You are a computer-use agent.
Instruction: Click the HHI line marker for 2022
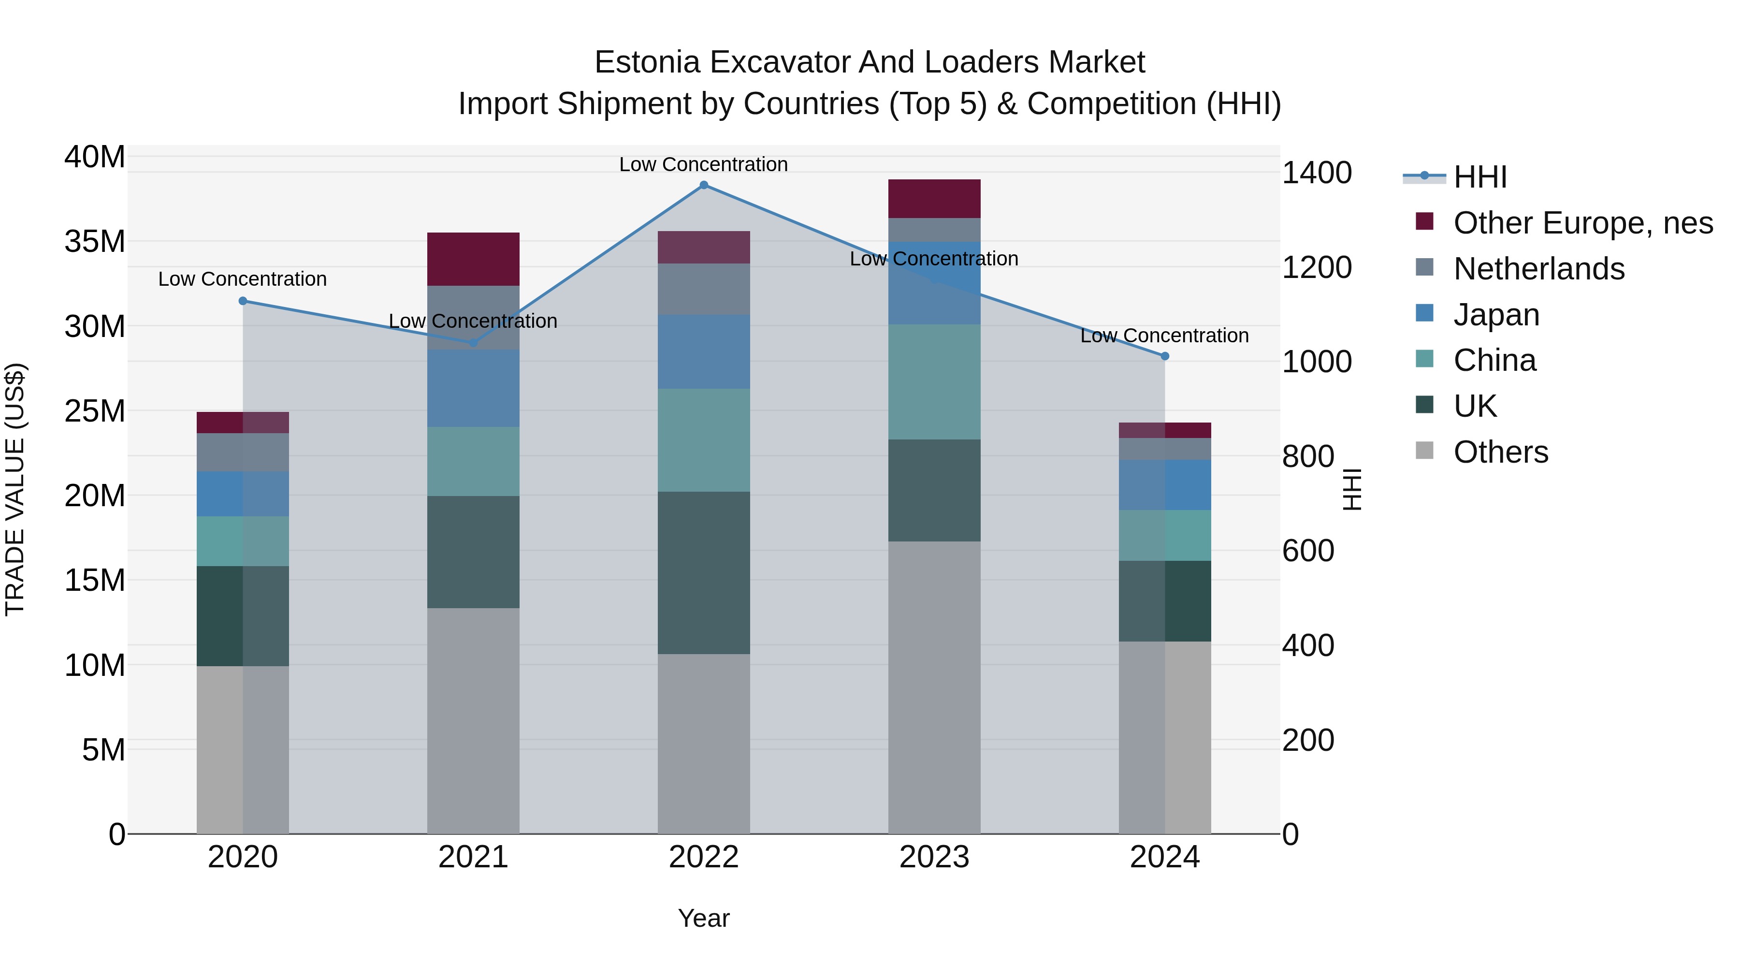point(703,185)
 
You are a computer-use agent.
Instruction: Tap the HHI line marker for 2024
point(1164,356)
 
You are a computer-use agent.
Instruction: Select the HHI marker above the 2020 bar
point(243,301)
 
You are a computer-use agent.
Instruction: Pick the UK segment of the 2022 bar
point(703,572)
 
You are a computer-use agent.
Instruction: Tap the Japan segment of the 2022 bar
point(703,351)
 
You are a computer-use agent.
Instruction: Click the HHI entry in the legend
point(1479,177)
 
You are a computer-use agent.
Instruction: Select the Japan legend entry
point(1495,315)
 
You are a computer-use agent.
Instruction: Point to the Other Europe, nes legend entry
point(1582,223)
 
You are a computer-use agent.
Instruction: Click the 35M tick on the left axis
point(95,241)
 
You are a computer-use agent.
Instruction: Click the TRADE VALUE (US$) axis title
point(15,489)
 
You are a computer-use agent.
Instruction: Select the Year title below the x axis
point(703,918)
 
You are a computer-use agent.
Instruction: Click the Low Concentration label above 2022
point(703,164)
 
